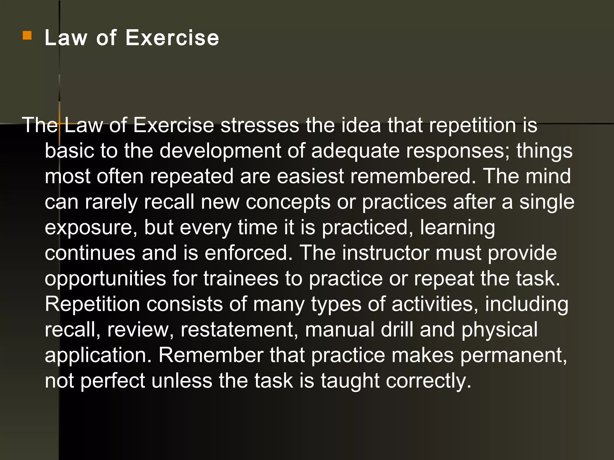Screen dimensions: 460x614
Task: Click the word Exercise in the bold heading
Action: click(x=172, y=38)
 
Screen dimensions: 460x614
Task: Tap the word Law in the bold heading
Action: click(x=66, y=38)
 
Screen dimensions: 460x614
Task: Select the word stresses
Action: click(x=260, y=125)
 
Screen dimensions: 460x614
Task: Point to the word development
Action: click(x=220, y=151)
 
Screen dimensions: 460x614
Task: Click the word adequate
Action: click(x=355, y=151)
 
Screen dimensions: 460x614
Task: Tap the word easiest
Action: click(x=310, y=176)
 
